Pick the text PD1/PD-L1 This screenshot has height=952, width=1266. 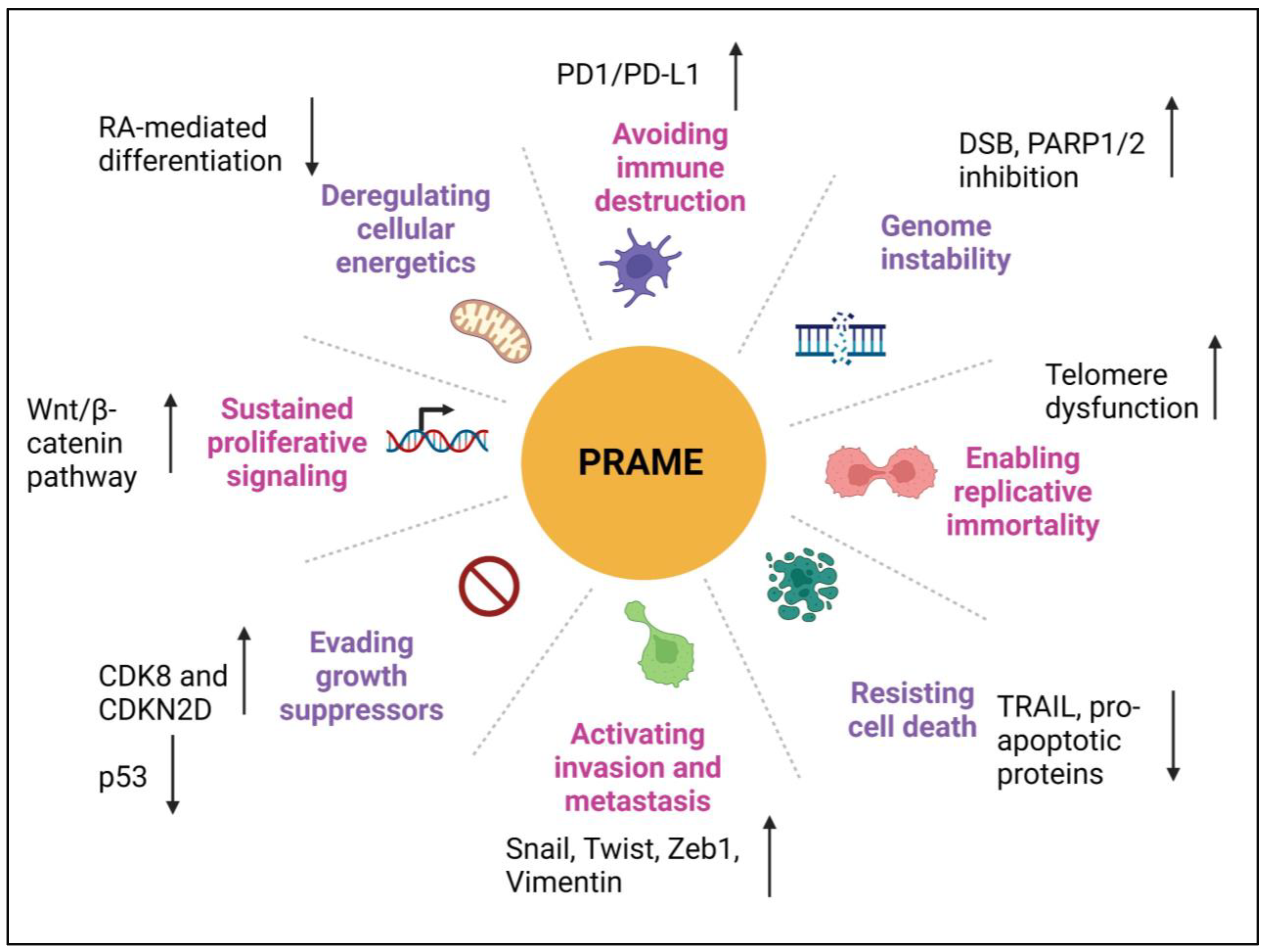[628, 74]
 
